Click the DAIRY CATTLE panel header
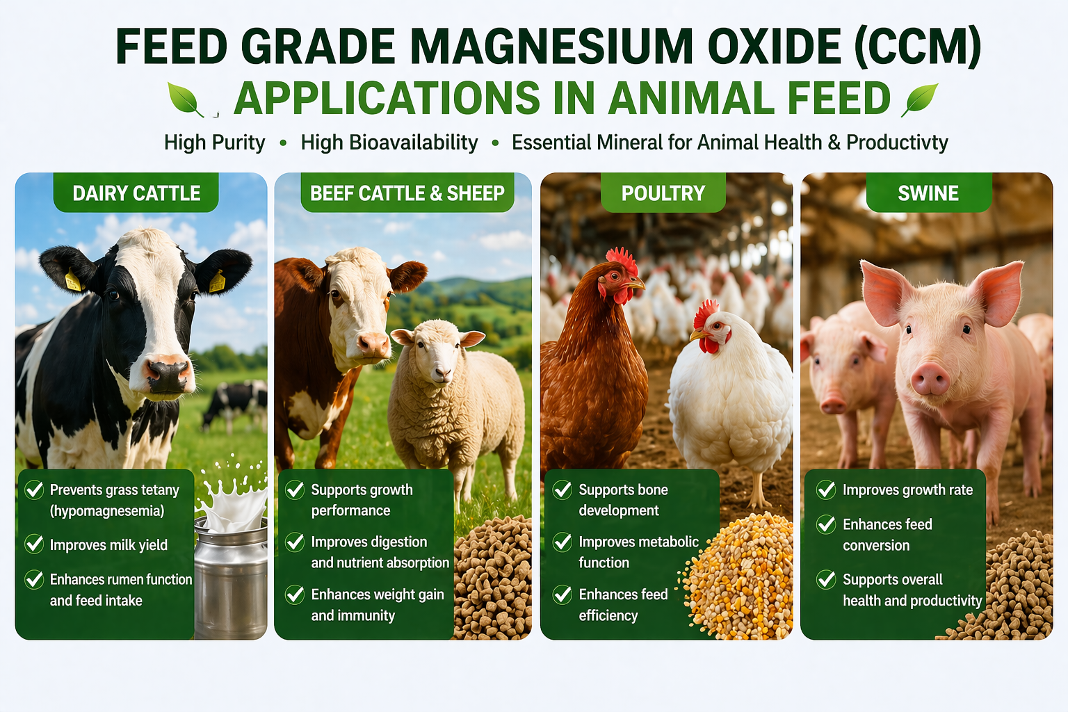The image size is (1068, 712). click(136, 193)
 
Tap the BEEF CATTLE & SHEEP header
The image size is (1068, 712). click(407, 193)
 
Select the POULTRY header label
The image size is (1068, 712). click(663, 193)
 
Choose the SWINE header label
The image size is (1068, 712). click(928, 193)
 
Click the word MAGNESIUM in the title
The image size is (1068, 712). click(551, 47)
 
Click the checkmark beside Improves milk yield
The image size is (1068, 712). click(34, 544)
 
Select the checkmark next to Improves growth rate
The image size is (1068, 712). click(826, 489)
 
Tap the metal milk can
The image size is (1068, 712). click(232, 577)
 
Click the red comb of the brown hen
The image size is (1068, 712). click(622, 260)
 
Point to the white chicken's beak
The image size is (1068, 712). click(697, 334)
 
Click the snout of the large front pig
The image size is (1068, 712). click(930, 378)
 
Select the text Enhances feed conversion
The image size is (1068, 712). click(887, 535)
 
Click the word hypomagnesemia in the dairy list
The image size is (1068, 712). click(107, 511)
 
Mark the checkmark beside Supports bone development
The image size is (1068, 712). click(563, 489)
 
